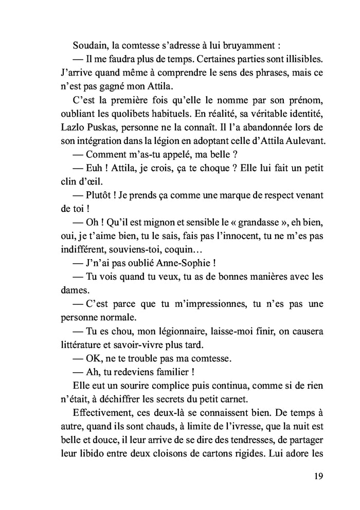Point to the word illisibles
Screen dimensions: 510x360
coord(301,60)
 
